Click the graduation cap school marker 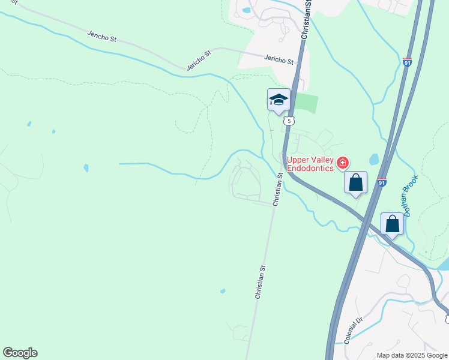pos(279,100)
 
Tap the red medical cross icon pos(342,163)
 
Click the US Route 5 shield pos(290,121)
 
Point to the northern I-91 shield pos(407,62)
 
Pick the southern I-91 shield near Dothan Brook pos(382,182)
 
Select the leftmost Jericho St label pos(101,37)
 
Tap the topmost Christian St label pos(306,20)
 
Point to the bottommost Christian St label pos(260,283)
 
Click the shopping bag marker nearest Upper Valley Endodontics pos(356,182)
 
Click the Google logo pos(20,353)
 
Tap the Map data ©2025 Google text pos(412,355)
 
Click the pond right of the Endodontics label pos(374,159)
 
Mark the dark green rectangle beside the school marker pos(307,103)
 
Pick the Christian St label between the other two pos(278,190)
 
